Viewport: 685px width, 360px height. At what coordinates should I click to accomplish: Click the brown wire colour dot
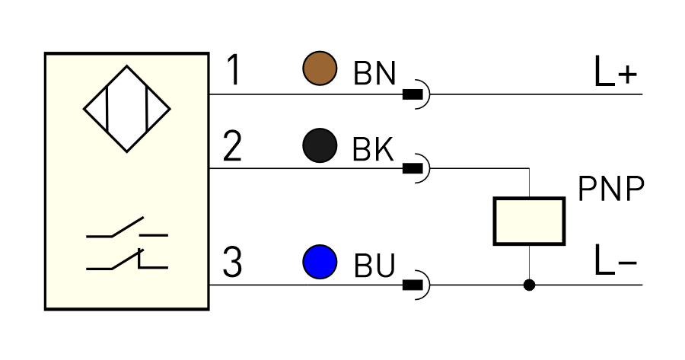[x=320, y=68]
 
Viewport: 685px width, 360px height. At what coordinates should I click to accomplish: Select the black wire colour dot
[x=320, y=145]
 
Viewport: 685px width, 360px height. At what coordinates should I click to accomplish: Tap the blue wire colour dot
[x=320, y=262]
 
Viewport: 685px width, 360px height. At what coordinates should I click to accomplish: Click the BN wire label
[x=374, y=73]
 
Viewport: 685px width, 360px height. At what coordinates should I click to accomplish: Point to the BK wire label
[x=373, y=149]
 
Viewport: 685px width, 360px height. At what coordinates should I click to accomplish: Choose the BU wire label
[x=374, y=265]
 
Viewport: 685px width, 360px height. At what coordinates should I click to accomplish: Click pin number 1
[x=234, y=70]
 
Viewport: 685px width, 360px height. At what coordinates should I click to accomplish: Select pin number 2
[x=232, y=146]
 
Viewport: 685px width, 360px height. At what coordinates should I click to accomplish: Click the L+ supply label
[x=616, y=72]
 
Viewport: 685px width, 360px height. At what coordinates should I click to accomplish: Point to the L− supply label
[x=616, y=260]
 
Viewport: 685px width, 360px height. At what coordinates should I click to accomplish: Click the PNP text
[x=611, y=189]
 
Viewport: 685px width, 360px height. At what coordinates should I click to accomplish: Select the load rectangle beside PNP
[x=529, y=221]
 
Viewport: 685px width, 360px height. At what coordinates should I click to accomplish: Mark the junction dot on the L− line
[x=529, y=285]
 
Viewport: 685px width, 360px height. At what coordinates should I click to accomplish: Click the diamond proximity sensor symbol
[x=126, y=109]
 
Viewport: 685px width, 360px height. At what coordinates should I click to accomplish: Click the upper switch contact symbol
[x=127, y=227]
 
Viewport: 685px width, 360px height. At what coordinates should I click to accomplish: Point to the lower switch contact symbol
[x=127, y=259]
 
